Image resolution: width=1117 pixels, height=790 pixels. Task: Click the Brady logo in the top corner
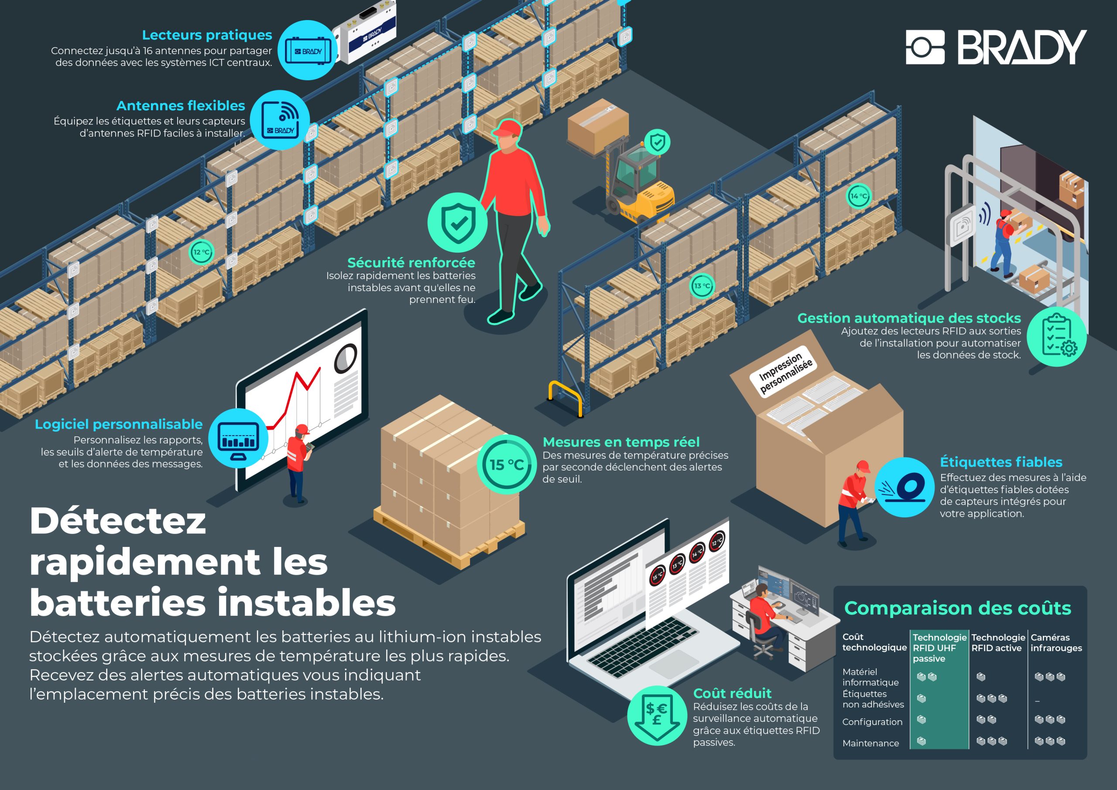pyautogui.click(x=996, y=47)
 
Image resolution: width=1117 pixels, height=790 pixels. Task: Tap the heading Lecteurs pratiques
pyautogui.click(x=207, y=35)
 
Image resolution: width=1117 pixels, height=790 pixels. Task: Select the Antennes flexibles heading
pyautogui.click(x=181, y=106)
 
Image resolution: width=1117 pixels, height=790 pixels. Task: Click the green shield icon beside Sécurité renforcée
pyautogui.click(x=457, y=223)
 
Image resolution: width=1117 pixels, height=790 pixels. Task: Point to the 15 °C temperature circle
pyautogui.click(x=507, y=464)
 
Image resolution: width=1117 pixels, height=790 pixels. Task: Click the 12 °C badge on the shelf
pyautogui.click(x=201, y=252)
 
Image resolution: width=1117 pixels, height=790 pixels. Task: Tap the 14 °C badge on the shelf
pyautogui.click(x=858, y=196)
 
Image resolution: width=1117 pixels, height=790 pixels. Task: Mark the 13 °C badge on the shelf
pyautogui.click(x=702, y=286)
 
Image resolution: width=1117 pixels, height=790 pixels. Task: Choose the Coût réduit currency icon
pyautogui.click(x=657, y=715)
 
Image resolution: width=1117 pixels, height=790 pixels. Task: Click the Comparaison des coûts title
pyautogui.click(x=957, y=608)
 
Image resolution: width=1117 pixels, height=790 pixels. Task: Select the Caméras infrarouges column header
pyautogui.click(x=1056, y=642)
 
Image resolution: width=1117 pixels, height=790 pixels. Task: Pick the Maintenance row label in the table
pyautogui.click(x=871, y=743)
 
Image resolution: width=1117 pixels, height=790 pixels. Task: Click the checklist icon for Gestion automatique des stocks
pyautogui.click(x=1057, y=337)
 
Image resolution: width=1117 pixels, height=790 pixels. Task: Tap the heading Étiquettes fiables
pyautogui.click(x=1001, y=462)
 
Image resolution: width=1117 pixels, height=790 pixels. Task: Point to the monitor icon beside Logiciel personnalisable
pyautogui.click(x=238, y=439)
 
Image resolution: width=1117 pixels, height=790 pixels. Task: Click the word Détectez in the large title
pyautogui.click(x=118, y=521)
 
